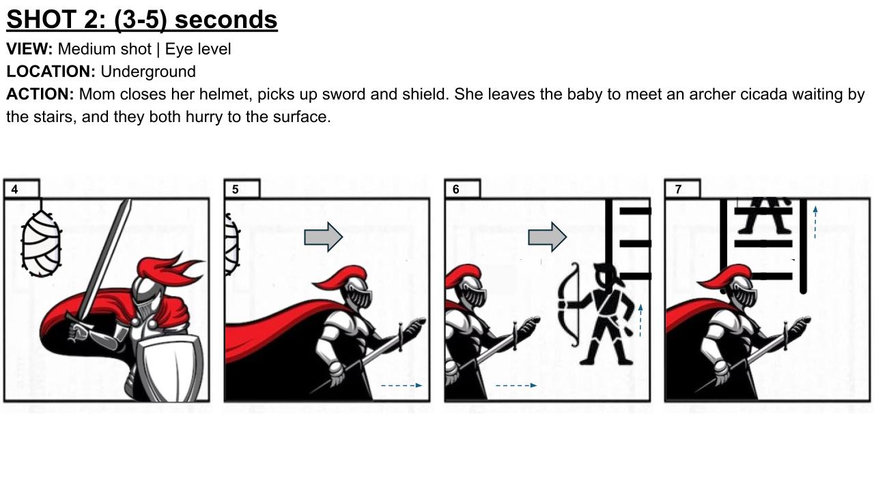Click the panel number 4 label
[14, 190]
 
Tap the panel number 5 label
[236, 190]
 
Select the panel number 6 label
[455, 190]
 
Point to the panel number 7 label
[678, 190]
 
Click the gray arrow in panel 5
[324, 237]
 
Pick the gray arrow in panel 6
[548, 237]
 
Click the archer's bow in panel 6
[569, 304]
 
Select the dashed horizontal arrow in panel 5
[401, 385]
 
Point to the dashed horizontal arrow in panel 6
[516, 385]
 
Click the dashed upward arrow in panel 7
[815, 222]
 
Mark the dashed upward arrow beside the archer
[640, 321]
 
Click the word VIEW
[29, 49]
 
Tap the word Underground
[148, 72]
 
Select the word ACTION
[40, 94]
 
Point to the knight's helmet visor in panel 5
[360, 298]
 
